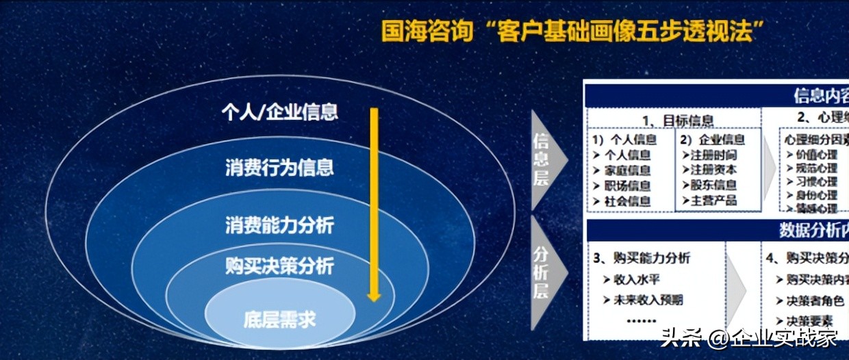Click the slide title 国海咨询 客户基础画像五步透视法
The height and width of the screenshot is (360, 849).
(572, 32)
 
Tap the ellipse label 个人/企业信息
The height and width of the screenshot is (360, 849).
(279, 112)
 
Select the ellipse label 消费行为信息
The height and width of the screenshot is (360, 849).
(279, 167)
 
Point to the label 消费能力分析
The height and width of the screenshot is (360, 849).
(279, 224)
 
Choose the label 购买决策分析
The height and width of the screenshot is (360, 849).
(279, 265)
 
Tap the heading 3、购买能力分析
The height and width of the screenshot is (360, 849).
(642, 258)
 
